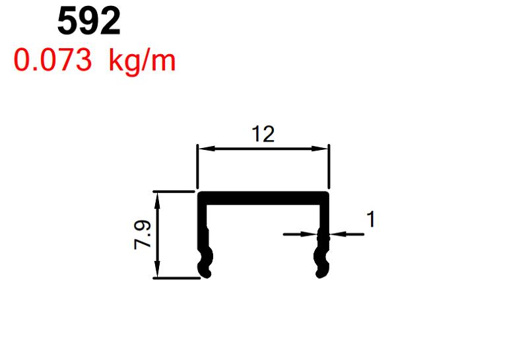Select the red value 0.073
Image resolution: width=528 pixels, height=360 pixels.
[52, 61]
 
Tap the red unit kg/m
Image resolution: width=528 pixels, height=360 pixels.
[143, 61]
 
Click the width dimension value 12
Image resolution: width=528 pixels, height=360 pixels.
[263, 135]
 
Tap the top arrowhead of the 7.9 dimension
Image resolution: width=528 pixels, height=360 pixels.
[158, 197]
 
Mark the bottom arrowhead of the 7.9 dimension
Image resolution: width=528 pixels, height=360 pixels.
[158, 273]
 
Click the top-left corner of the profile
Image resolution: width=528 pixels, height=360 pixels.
[200, 194]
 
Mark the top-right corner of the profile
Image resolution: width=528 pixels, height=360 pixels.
[328, 194]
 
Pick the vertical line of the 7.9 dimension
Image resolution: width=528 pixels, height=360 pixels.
[158, 234]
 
